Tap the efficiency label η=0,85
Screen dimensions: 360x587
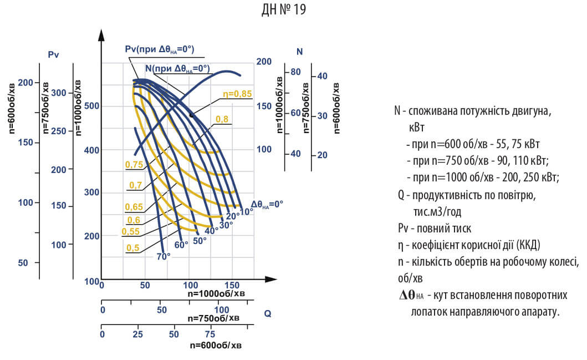coord(237,94)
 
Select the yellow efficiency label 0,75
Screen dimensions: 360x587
coord(134,164)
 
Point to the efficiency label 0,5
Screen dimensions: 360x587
coord(132,247)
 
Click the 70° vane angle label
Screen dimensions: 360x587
coord(164,256)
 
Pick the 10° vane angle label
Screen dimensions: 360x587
coord(246,211)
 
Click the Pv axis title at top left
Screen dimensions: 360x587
coord(54,54)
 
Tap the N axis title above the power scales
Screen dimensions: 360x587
coord(299,52)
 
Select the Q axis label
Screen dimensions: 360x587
coord(268,313)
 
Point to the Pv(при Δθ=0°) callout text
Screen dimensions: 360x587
coord(159,49)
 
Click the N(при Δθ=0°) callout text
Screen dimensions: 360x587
coord(177,68)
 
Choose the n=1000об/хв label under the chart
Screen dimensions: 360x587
coord(215,293)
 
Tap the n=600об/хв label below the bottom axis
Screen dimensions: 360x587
coord(215,344)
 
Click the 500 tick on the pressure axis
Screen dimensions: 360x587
coord(91,106)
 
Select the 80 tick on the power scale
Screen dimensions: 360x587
coord(295,72)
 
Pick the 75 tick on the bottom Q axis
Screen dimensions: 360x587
coord(210,334)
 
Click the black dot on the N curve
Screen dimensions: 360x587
coord(191,114)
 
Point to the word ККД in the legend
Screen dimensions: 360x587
coord(532,245)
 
